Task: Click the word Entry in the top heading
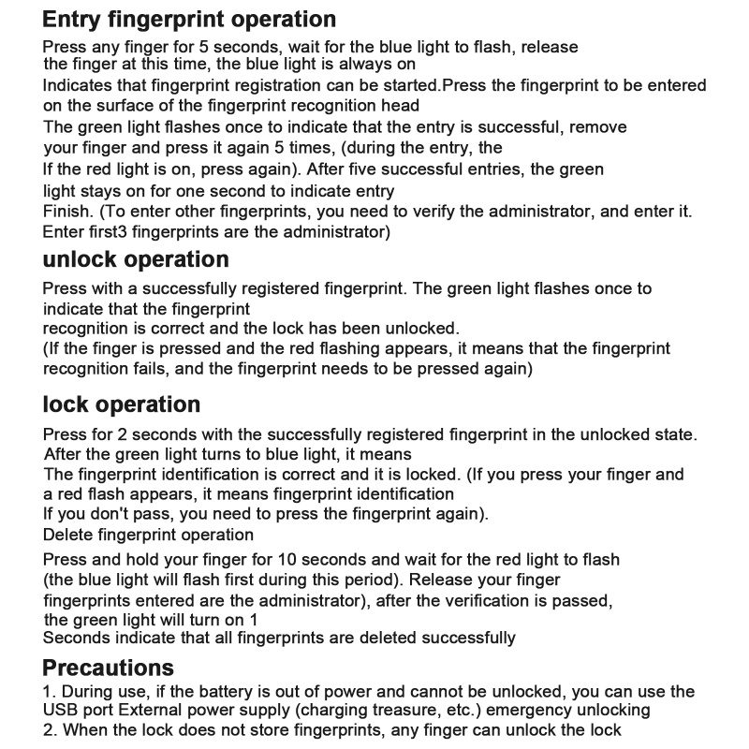(76, 20)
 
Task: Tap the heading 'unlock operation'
(136, 259)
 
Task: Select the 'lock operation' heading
(122, 405)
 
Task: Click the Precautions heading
(109, 668)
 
